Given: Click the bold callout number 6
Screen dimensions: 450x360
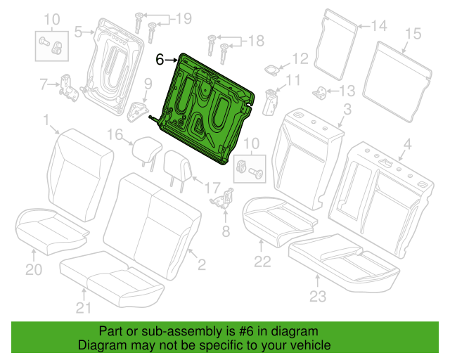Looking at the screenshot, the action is tap(160, 60).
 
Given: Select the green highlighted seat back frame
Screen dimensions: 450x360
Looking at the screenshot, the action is tap(205, 109).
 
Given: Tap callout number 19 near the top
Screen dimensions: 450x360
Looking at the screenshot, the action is tap(184, 19).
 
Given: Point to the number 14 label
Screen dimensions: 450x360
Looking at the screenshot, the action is tap(379, 26).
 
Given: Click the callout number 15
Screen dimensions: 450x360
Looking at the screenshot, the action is tap(413, 34).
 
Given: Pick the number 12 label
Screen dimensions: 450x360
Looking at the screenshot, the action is tap(300, 59).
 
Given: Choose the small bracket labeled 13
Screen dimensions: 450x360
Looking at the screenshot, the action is tap(319, 93).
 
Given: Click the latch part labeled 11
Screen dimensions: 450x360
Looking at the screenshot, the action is tap(270, 102).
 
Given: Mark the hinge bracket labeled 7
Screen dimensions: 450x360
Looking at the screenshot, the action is tap(68, 89).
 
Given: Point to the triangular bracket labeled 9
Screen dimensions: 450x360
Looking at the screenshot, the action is tap(138, 112).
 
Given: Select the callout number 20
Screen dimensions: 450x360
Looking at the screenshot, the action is tap(34, 269).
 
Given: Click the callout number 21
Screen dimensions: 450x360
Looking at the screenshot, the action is tap(84, 308).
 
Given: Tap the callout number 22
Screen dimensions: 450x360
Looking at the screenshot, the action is tap(262, 262).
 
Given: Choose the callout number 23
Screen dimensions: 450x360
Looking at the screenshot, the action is tap(318, 296).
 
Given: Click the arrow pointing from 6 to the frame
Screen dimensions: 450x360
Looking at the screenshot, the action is tap(172, 60).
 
